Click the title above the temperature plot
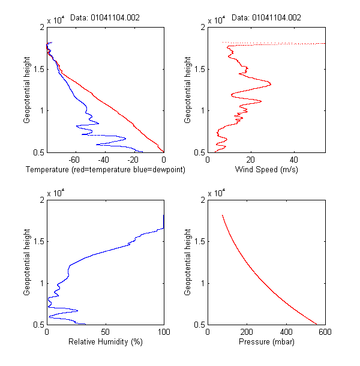pyautogui.click(x=105, y=17)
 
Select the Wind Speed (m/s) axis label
pyautogui.click(x=266, y=170)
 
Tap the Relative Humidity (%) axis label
pyautogui.click(x=105, y=342)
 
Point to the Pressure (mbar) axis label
pyautogui.click(x=266, y=342)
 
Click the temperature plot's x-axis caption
pyautogui.click(x=105, y=170)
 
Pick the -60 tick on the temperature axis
pyautogui.click(x=75, y=160)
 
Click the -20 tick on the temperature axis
pyautogui.click(x=134, y=160)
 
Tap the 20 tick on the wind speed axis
pyautogui.click(x=251, y=160)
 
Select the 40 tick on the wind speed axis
pyautogui.click(x=294, y=160)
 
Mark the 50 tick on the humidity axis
pyautogui.click(x=105, y=332)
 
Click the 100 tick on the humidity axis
pyautogui.click(x=163, y=332)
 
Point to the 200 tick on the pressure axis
pyautogui.click(x=247, y=332)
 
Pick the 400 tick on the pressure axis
pyautogui.click(x=286, y=332)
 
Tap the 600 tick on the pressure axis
pyautogui.click(x=325, y=332)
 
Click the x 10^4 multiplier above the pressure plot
pyautogui.click(x=217, y=193)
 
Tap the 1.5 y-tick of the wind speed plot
pyautogui.click(x=199, y=69)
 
